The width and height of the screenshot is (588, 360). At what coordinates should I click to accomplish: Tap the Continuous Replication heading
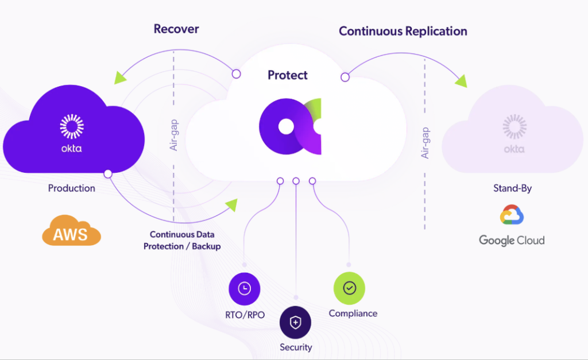403,31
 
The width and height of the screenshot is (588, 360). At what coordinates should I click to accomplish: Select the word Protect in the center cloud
288,75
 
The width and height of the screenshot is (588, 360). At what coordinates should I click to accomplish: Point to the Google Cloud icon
512,214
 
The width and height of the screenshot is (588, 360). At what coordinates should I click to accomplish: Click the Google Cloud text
512,240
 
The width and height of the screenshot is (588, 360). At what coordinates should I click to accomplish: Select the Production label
72,188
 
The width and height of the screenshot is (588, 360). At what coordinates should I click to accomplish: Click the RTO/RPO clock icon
245,288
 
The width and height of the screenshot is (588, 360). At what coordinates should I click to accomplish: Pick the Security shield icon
295,323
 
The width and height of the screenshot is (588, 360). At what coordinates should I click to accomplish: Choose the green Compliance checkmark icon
350,288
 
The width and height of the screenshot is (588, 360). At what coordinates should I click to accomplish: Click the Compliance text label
353,313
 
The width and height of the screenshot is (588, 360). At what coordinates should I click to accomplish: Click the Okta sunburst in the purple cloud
72,126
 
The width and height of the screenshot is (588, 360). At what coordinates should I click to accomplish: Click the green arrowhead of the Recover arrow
121,78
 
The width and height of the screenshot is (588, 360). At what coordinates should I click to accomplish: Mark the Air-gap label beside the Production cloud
174,136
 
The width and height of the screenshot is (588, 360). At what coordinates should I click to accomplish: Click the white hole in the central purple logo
285,126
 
